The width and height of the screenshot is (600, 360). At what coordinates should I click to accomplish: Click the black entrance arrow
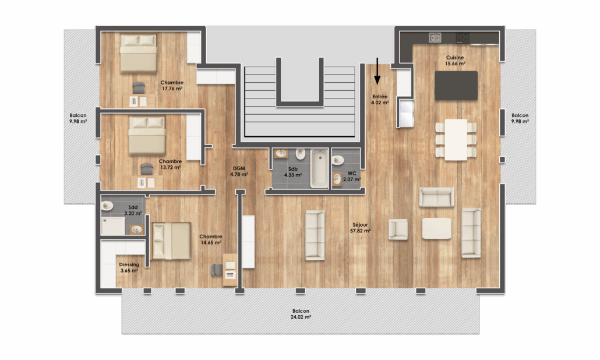[377, 71]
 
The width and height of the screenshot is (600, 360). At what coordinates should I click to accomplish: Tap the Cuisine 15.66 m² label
[455, 61]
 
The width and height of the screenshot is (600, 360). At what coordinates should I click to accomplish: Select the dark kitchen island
[456, 86]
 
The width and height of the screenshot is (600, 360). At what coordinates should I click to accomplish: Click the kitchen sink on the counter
[435, 37]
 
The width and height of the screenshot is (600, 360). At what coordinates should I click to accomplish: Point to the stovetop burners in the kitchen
[463, 37]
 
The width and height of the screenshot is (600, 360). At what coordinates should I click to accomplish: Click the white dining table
[456, 140]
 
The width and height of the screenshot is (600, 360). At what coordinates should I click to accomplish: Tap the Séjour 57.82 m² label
[360, 228]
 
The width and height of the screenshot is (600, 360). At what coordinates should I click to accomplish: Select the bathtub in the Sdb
[319, 168]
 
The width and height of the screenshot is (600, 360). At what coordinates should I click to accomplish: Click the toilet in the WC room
[338, 160]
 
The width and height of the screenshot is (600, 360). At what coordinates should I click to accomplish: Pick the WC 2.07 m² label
[352, 177]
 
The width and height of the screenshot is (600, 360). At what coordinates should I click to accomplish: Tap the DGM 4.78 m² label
[239, 171]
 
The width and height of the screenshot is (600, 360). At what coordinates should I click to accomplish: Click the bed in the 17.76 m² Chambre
[139, 53]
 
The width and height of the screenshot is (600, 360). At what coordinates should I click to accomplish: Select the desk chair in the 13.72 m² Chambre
[147, 169]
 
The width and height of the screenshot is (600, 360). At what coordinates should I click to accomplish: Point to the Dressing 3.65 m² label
[129, 267]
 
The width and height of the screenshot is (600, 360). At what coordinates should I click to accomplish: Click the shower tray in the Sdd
[113, 225]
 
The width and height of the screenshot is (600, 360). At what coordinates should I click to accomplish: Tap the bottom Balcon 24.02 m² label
[301, 314]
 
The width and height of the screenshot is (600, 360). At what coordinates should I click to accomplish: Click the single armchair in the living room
[398, 229]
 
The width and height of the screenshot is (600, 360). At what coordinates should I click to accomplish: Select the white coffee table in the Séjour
[437, 228]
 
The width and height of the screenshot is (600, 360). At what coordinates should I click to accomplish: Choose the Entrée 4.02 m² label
[380, 100]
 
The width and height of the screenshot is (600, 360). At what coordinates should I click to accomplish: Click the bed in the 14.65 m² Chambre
[171, 241]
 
